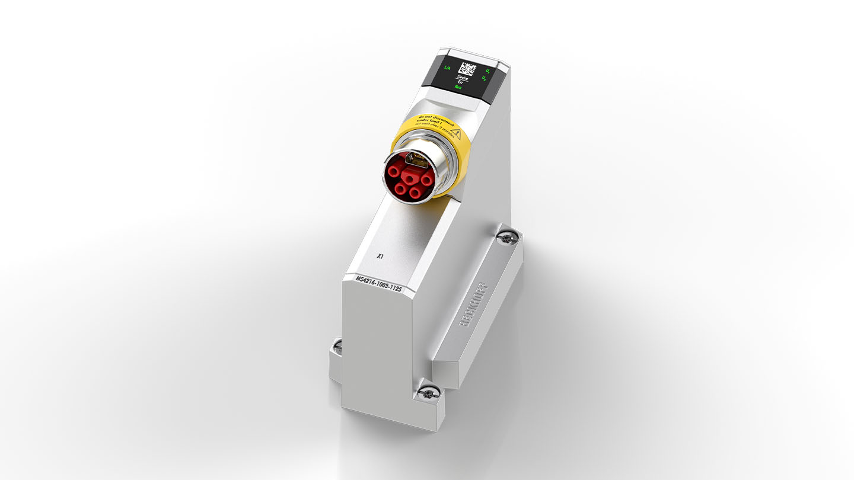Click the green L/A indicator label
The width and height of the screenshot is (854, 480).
tap(447, 68)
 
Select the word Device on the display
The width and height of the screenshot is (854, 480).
tap(461, 78)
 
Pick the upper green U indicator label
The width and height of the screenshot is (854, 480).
tap(487, 71)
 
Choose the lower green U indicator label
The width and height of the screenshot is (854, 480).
tap(485, 78)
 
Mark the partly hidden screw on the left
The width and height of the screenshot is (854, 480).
tap(337, 345)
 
